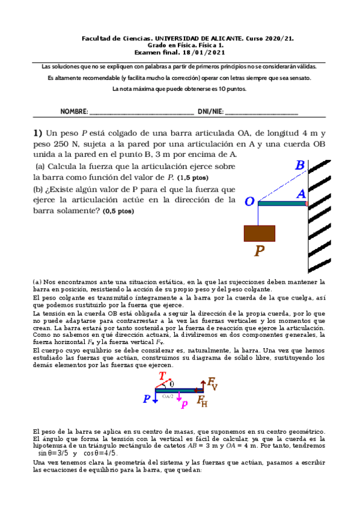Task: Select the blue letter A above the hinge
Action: point(302,194)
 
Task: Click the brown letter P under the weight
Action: point(259,251)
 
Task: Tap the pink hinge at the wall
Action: point(307,204)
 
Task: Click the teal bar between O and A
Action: point(282,204)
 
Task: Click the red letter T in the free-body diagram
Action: point(162,377)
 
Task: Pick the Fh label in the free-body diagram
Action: point(203,402)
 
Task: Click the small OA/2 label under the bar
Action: point(169,396)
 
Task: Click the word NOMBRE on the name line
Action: point(74,112)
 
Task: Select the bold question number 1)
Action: point(38,134)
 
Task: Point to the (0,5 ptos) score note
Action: point(118,211)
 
